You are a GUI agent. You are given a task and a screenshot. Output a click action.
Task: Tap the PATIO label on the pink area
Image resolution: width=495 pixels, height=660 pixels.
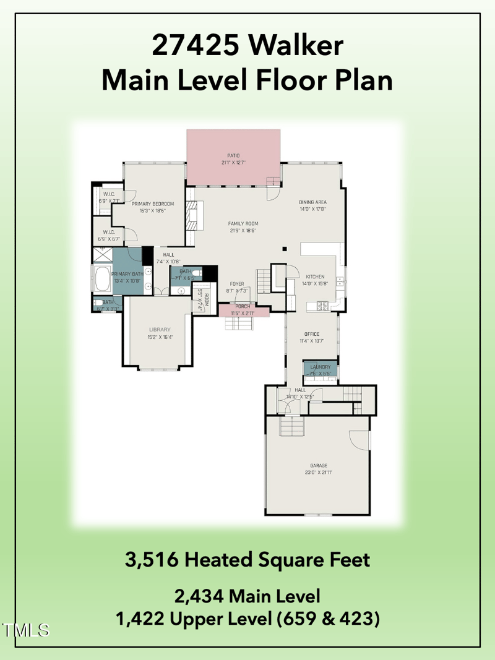pyautogui.click(x=233, y=155)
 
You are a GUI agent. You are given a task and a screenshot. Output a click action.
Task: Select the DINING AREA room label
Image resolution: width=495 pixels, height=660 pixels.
pyautogui.click(x=312, y=202)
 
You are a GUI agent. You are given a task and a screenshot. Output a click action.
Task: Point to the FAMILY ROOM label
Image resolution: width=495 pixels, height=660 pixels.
pyautogui.click(x=243, y=223)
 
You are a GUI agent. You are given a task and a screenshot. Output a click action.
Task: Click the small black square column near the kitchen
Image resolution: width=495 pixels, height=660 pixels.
pyautogui.click(x=285, y=249)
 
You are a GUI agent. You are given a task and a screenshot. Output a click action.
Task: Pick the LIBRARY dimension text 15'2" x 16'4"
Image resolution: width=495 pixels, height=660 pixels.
pyautogui.click(x=160, y=337)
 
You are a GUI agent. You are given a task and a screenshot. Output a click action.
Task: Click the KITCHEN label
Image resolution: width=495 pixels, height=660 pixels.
pyautogui.click(x=315, y=276)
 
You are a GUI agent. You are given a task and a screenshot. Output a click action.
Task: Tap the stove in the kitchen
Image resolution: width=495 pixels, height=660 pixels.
pyautogui.click(x=323, y=305)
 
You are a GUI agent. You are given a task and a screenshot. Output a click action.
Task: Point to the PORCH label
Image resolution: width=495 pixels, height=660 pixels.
pyautogui.click(x=243, y=306)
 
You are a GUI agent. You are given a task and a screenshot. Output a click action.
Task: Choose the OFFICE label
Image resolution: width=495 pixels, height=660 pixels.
pyautogui.click(x=312, y=334)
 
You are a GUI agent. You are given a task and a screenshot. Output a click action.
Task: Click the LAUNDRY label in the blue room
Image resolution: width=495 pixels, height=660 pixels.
pyautogui.click(x=321, y=367)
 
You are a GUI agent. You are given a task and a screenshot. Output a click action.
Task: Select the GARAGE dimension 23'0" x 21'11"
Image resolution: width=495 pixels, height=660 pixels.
pyautogui.click(x=319, y=472)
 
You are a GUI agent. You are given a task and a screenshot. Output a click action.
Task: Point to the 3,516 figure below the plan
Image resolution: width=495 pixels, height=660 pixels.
pyautogui.click(x=152, y=560)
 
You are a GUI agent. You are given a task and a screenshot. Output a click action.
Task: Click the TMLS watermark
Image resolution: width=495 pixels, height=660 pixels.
pyautogui.click(x=26, y=630)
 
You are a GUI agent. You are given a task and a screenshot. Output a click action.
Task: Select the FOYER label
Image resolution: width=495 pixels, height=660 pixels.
pyautogui.click(x=237, y=284)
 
